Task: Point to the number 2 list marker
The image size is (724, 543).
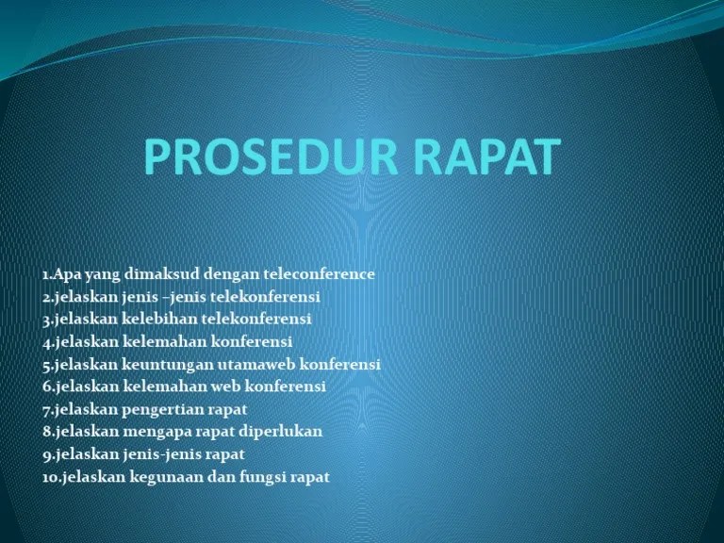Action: coord(46,297)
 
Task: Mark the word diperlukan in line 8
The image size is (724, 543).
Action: coord(280,432)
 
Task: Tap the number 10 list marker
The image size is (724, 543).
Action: coord(51,477)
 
